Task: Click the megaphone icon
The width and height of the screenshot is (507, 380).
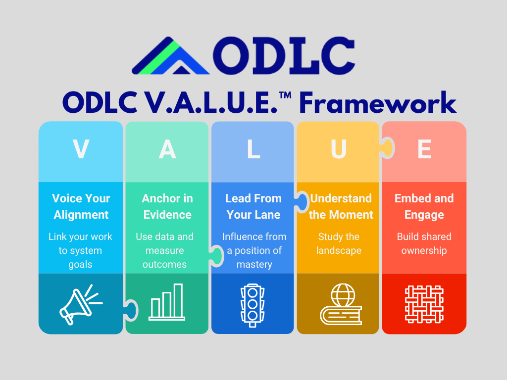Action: (81, 304)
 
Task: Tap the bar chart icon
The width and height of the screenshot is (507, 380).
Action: (167, 302)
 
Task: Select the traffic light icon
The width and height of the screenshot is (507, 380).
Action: (253, 305)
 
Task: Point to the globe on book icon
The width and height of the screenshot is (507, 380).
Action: (341, 304)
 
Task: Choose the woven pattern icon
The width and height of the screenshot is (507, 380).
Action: (424, 304)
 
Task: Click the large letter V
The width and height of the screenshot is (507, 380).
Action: (81, 149)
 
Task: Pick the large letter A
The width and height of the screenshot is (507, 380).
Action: (167, 149)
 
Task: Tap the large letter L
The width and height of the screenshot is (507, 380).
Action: (253, 149)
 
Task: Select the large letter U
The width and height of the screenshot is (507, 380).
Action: (339, 149)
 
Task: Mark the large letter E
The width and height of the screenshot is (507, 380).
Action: (424, 149)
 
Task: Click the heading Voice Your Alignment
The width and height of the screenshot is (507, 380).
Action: (81, 206)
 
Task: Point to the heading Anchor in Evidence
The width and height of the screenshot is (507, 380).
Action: (167, 206)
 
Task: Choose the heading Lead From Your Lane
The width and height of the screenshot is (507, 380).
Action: (253, 206)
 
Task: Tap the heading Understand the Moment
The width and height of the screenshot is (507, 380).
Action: (341, 206)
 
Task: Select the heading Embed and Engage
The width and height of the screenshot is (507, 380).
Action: (424, 207)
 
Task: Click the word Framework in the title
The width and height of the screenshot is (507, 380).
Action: (378, 102)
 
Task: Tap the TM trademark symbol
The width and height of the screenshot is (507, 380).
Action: (285, 95)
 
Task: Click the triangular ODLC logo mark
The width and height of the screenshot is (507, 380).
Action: (170, 55)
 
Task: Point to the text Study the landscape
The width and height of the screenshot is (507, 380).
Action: (339, 243)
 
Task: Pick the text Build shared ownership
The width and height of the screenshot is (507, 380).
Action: (424, 243)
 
